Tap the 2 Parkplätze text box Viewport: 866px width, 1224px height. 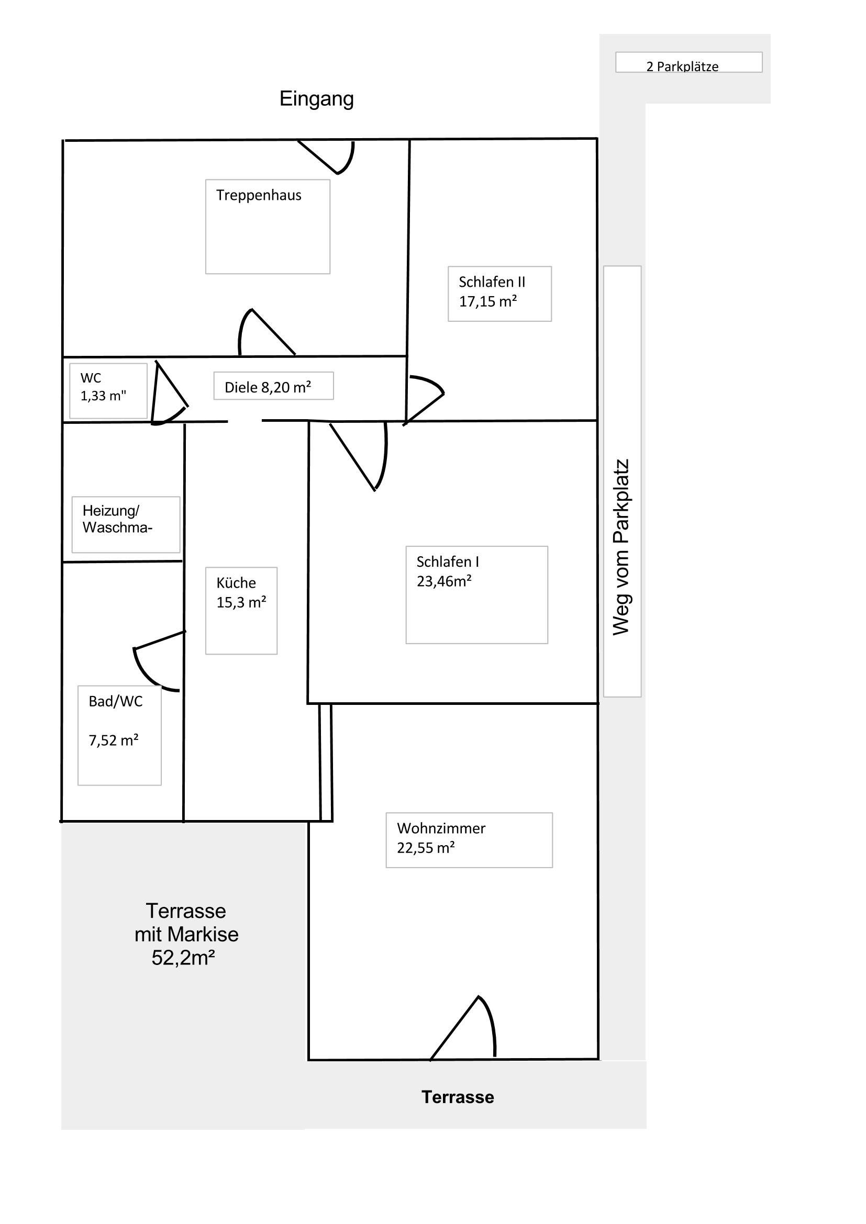689,62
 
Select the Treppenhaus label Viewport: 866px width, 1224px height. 259,195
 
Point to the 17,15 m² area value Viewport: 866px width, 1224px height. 488,301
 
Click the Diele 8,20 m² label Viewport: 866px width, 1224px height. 268,387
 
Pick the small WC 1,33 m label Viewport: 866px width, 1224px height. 104,387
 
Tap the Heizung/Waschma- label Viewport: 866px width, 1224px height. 117,519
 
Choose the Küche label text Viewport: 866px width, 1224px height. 236,582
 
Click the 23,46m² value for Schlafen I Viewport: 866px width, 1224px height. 444,581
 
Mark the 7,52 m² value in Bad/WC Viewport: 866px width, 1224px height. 114,740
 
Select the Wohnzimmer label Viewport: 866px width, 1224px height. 441,828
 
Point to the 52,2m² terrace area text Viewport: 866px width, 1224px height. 183,958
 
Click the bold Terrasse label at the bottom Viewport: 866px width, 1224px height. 458,1097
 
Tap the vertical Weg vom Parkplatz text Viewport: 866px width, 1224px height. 621,547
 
